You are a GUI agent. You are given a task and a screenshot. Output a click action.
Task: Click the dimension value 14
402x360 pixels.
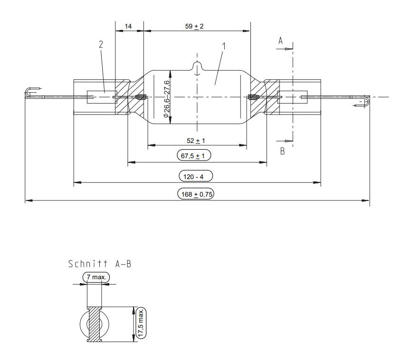pos(129,27)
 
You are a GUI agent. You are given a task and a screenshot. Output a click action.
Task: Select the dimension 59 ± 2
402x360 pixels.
pos(194,26)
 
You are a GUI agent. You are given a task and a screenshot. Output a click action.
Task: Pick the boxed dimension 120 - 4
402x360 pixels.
pos(195,176)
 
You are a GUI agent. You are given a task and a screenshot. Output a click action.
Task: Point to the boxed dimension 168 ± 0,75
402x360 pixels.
pos(195,194)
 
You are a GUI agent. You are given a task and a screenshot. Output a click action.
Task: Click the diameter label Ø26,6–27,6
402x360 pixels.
pos(166,99)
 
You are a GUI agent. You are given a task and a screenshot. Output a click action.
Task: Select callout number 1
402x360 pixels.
pos(224,47)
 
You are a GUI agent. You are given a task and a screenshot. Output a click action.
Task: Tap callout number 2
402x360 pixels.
pos(101,44)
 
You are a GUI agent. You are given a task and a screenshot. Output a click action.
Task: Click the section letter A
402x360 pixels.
pos(280,42)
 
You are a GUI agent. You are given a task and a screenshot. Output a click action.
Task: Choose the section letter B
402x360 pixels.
pos(282,152)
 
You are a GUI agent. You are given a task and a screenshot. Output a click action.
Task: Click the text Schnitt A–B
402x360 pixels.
pos(99,264)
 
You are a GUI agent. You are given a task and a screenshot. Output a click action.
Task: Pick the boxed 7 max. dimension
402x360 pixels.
pos(96,277)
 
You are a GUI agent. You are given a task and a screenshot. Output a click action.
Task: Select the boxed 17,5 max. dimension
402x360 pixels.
pos(141,323)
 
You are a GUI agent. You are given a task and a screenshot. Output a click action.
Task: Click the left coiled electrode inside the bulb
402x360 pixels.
pos(141,97)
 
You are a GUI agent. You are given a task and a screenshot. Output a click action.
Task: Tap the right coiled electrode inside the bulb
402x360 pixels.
pos(253,97)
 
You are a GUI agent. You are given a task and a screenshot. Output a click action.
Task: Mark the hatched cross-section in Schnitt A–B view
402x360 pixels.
pos(96,324)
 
